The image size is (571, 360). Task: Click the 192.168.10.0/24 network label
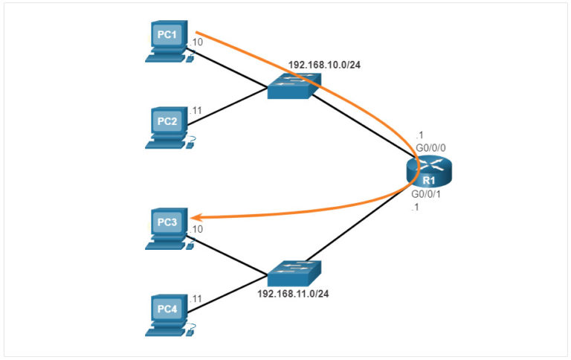pyautogui.click(x=325, y=64)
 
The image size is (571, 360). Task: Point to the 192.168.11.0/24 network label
pyautogui.click(x=293, y=294)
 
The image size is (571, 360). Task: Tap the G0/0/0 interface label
pyautogui.click(x=430, y=148)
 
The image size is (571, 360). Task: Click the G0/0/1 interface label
pyautogui.click(x=427, y=194)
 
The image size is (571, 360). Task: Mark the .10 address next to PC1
pyautogui.click(x=197, y=42)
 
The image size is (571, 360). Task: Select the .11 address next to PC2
pyautogui.click(x=197, y=111)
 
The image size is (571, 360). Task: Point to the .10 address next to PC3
pyautogui.click(x=197, y=229)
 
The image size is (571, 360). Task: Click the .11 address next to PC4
pyautogui.click(x=197, y=298)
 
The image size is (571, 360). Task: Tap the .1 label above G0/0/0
pyautogui.click(x=420, y=135)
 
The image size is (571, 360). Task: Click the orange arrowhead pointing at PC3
pyautogui.click(x=197, y=216)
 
